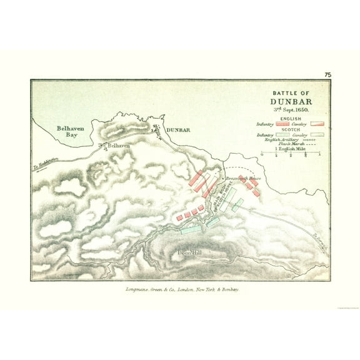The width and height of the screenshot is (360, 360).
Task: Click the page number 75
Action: (x=327, y=75)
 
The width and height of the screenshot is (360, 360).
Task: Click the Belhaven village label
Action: (x=119, y=146)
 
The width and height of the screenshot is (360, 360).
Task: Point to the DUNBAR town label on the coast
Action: (x=178, y=129)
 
